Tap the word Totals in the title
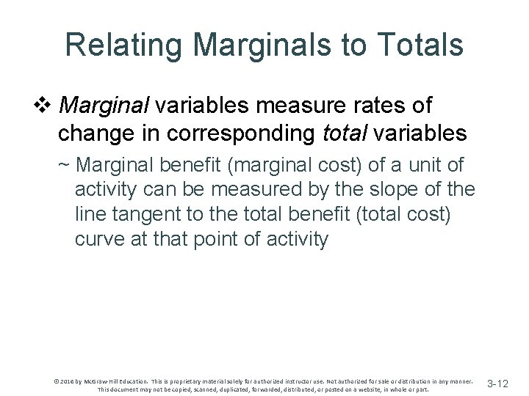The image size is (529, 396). click(419, 45)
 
